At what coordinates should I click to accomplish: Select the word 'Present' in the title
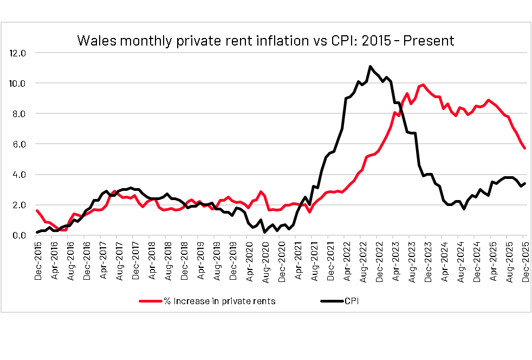pos(429,41)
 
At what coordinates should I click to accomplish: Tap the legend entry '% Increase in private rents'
pos(219,301)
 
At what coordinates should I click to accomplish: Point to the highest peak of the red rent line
pos(423,85)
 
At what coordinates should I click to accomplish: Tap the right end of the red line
pos(524,149)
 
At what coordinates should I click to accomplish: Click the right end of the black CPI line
pos(524,183)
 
